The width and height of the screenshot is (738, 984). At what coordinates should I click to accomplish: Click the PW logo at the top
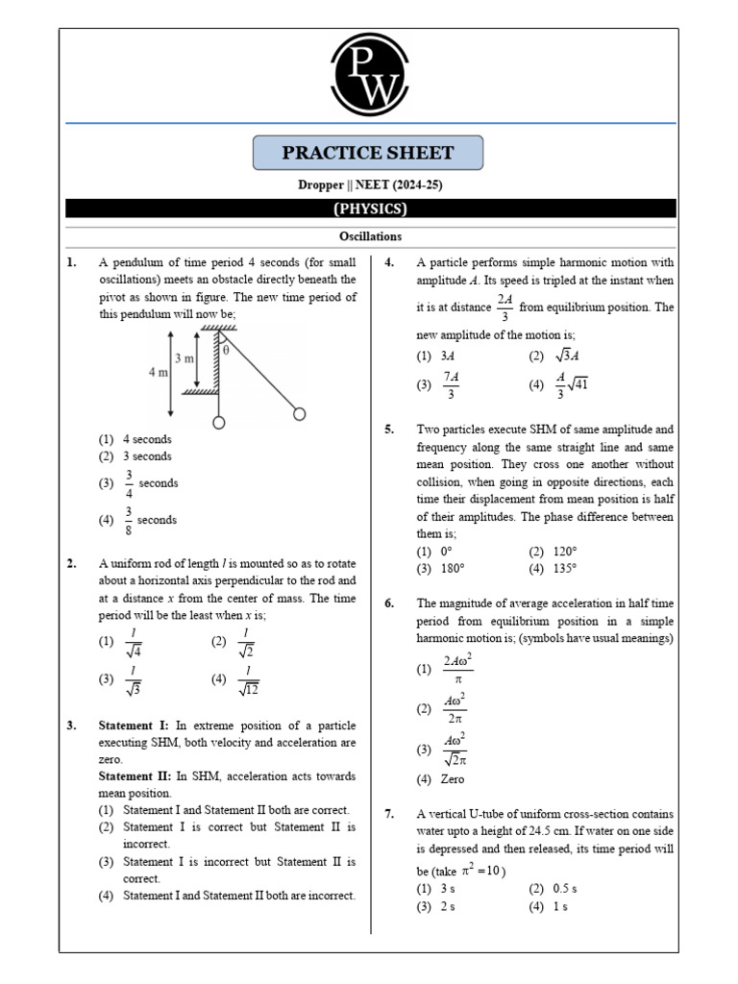coord(369,73)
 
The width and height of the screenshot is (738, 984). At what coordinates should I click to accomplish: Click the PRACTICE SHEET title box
coord(368,153)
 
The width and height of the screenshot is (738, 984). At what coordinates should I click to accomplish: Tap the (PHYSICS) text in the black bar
coord(370,209)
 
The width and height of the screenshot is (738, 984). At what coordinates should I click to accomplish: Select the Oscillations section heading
coord(370,236)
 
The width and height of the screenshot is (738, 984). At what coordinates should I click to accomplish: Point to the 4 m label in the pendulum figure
coord(159,372)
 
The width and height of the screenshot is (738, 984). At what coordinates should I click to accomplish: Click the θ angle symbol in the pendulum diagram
coord(226,351)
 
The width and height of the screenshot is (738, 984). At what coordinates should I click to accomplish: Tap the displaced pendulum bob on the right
coord(300,414)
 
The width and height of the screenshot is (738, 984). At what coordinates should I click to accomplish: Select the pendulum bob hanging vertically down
coord(219,422)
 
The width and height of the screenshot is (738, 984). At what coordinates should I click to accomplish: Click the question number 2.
coord(72,564)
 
